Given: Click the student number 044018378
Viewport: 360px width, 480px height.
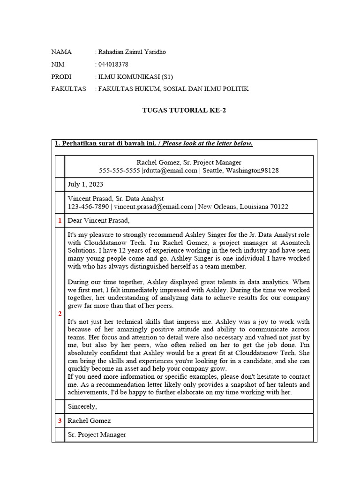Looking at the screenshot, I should (x=112, y=64).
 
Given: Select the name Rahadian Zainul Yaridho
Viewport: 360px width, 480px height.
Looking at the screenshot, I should (x=132, y=52).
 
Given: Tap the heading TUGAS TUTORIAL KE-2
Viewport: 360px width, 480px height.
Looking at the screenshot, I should (x=180, y=110).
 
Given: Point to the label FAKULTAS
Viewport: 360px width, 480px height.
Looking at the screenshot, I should (x=68, y=89).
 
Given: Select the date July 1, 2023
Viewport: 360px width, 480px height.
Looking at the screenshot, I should (x=85, y=184).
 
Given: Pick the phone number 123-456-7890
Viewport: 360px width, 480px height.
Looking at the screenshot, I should (x=89, y=206).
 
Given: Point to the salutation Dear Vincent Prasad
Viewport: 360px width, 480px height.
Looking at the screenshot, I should (x=98, y=220).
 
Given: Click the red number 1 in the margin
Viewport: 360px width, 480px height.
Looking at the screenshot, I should (x=60, y=220).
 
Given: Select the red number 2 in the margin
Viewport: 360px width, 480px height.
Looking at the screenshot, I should (x=60, y=314).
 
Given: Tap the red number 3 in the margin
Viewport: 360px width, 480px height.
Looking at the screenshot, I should (x=60, y=420).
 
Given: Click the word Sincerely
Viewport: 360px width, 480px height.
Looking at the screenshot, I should (x=82, y=406).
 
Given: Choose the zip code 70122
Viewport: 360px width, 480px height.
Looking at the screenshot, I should (x=279, y=206).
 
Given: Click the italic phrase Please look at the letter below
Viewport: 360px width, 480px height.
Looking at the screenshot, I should (x=207, y=143).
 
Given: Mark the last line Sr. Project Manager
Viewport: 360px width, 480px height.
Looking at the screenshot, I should (x=97, y=435).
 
